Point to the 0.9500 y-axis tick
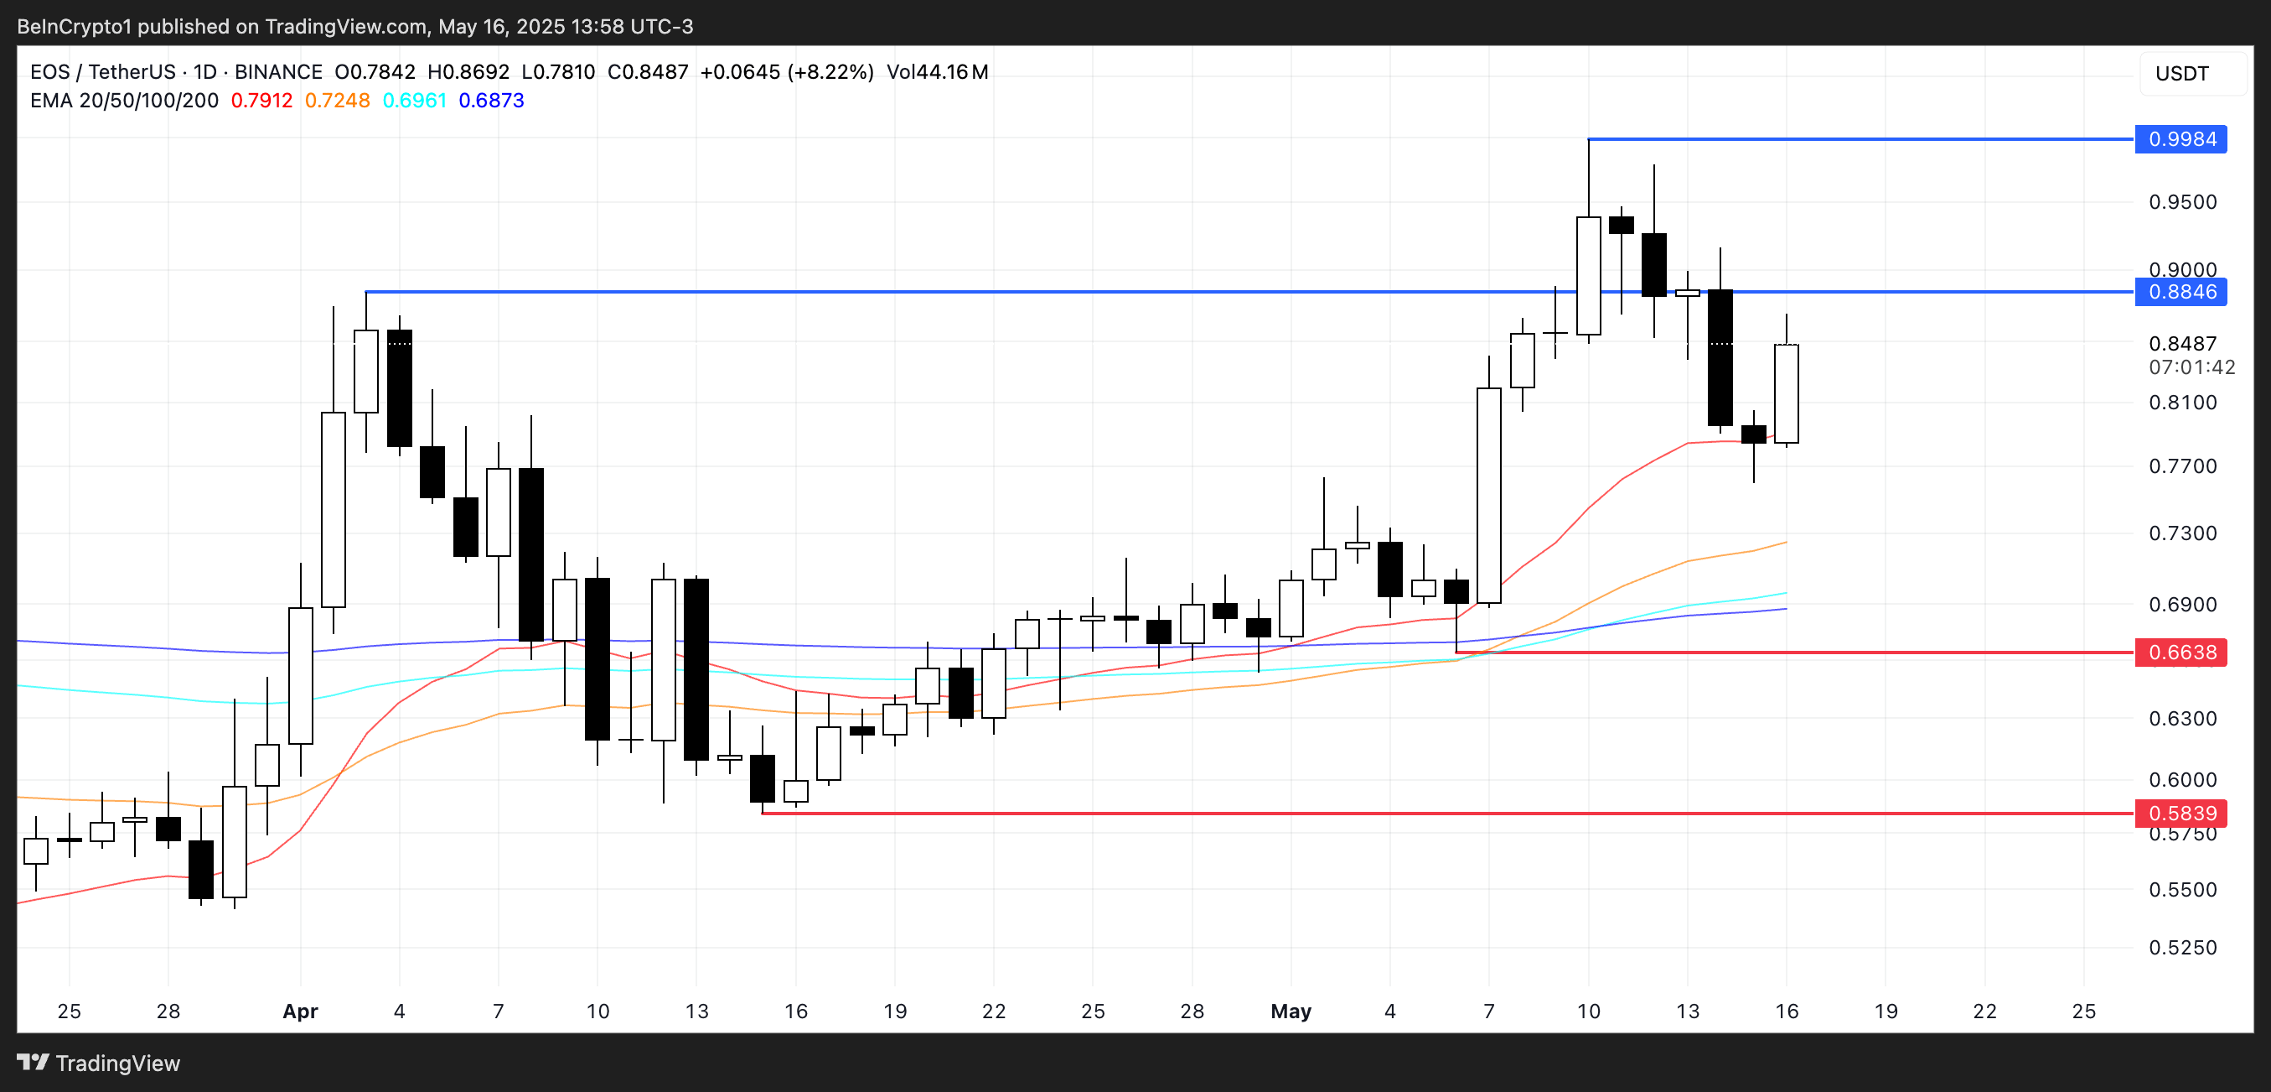[2182, 202]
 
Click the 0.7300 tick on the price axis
[2182, 533]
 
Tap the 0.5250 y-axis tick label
[2182, 948]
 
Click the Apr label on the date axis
[300, 1011]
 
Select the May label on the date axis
[1291, 1011]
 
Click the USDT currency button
[2181, 73]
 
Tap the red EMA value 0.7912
[261, 101]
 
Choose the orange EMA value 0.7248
[337, 101]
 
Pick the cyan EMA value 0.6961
[414, 101]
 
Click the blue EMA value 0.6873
[491, 101]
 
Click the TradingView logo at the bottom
[99, 1063]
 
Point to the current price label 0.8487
[2182, 344]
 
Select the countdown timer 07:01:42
[2191, 367]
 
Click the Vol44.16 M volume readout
[937, 72]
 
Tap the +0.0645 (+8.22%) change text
[786, 72]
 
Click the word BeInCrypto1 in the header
[74, 27]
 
